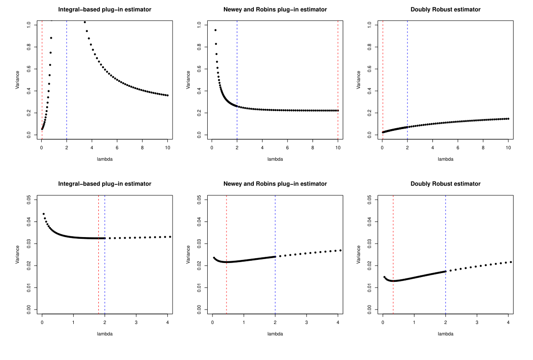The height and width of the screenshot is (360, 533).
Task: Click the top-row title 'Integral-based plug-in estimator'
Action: tap(104, 9)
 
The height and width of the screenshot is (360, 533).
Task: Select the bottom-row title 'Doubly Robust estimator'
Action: tap(445, 184)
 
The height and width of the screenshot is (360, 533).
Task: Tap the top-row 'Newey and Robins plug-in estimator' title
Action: tap(275, 9)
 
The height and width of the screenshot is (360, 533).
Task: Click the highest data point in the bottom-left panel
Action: tap(43, 214)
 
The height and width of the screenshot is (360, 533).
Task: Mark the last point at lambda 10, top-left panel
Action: tap(168, 95)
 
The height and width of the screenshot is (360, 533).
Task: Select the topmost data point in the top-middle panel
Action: tap(215, 30)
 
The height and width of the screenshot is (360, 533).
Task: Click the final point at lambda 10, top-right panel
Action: tap(508, 119)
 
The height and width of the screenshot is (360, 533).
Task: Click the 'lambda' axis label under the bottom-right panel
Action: tap(445, 334)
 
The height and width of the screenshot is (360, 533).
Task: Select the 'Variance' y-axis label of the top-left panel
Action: tap(18, 80)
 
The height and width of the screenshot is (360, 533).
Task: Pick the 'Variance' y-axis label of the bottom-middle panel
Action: tap(188, 255)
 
